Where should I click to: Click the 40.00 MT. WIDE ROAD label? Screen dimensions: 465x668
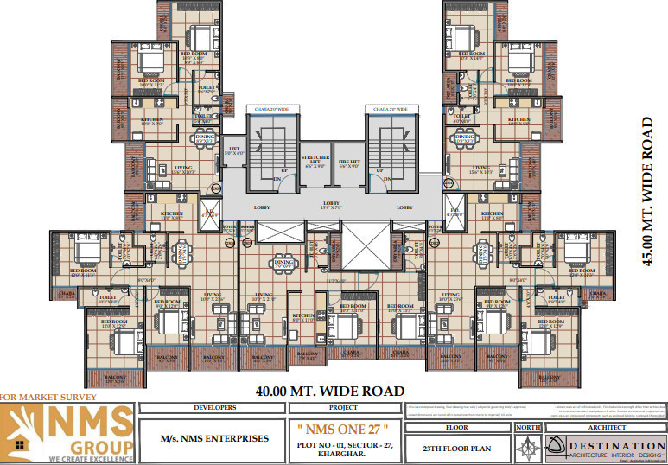331,391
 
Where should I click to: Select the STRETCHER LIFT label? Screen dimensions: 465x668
315,161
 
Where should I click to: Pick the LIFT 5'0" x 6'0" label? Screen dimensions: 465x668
233,150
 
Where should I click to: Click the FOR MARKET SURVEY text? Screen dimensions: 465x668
42,397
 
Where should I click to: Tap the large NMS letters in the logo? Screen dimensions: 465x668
90,422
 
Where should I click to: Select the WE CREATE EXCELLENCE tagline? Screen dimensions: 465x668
92,458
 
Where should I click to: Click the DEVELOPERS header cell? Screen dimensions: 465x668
212,406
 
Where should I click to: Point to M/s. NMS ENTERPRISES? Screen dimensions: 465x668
212,439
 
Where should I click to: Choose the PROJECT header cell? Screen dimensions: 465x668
343,406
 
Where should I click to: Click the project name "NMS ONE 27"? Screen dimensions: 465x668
343,428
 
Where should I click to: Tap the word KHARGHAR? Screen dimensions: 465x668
343,455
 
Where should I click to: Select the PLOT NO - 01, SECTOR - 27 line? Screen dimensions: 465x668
343,444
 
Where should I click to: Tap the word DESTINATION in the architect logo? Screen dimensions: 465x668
615,443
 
